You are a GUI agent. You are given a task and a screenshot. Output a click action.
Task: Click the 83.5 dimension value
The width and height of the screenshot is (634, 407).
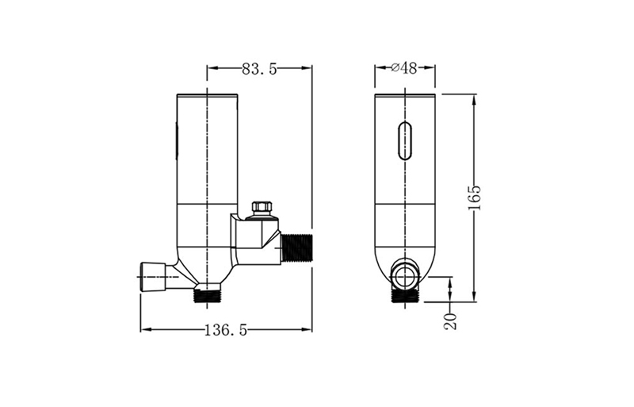tap(259, 69)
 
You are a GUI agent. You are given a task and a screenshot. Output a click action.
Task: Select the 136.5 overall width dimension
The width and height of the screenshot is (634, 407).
tap(227, 330)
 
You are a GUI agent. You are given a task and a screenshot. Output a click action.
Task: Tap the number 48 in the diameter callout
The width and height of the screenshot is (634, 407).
tap(409, 68)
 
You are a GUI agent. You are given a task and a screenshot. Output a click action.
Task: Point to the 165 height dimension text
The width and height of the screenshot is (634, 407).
tap(475, 198)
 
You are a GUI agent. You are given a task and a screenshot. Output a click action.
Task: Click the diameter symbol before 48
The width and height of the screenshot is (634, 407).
tap(395, 68)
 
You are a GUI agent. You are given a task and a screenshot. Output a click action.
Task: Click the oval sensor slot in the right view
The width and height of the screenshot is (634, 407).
tap(405, 141)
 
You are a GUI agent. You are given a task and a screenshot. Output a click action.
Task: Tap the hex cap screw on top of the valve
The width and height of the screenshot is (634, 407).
tap(262, 209)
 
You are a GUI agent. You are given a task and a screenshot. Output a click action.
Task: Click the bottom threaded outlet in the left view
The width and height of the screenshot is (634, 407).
tap(208, 296)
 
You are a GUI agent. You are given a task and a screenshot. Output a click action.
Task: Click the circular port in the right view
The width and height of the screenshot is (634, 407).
tap(405, 277)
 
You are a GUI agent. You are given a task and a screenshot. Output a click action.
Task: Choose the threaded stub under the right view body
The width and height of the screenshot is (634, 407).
tap(405, 295)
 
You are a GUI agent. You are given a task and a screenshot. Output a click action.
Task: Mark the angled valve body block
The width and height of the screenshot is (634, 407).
tap(255, 237)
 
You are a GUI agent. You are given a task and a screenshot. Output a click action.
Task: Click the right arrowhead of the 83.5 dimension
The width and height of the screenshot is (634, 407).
tap(308, 69)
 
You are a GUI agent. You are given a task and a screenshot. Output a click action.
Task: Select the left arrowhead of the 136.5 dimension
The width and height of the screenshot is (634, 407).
tap(144, 330)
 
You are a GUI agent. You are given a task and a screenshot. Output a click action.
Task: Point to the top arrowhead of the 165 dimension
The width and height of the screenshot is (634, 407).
tap(474, 98)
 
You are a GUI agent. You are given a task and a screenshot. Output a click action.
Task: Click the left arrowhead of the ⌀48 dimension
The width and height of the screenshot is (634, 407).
tap(378, 68)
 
